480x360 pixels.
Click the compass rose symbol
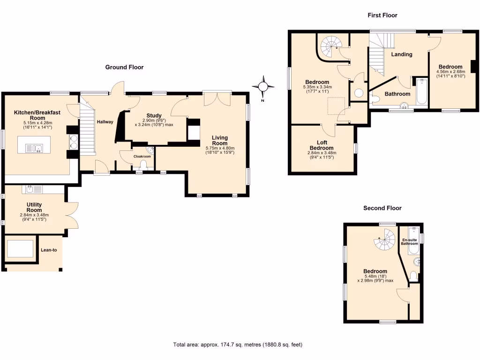[x=263, y=87]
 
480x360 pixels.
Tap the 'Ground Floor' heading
[x=124, y=67]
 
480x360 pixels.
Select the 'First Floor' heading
[x=382, y=15]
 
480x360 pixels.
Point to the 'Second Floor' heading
[x=382, y=208]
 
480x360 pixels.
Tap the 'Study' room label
[x=154, y=115]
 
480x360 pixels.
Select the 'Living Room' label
[x=220, y=141]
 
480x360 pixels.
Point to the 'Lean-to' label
[x=49, y=250]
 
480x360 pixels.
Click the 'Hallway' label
[x=105, y=122]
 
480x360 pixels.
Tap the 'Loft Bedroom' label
[x=322, y=145]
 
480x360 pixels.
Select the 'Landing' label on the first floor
[x=402, y=54]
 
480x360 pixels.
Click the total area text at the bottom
[x=238, y=345]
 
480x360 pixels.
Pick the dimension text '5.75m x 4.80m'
[x=220, y=148]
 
